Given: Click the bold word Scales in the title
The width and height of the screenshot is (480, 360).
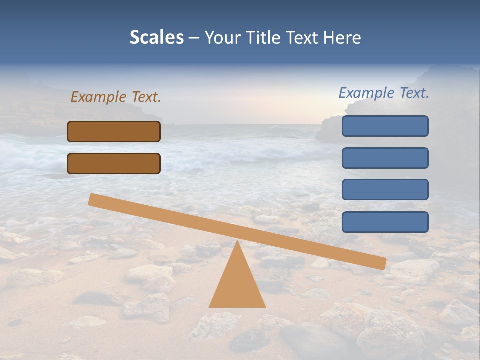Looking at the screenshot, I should click(157, 38).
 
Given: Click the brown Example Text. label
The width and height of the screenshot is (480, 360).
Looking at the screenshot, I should click(116, 97).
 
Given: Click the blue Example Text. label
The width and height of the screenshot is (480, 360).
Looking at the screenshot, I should click(384, 93).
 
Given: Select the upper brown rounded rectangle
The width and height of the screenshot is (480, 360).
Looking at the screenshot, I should click(114, 132).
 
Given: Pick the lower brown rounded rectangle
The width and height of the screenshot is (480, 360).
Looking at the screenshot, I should click(114, 164).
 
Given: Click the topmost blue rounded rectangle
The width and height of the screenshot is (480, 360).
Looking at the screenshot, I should click(385, 126).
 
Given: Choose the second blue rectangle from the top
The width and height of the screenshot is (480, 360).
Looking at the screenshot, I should click(385, 158).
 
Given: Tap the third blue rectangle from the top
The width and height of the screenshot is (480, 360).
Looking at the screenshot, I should click(385, 190).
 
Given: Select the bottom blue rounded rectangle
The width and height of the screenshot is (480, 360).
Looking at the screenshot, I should click(385, 222).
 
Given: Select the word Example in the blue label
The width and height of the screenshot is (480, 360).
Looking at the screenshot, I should click(367, 93).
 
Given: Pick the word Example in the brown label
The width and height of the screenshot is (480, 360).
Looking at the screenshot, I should click(99, 97).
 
